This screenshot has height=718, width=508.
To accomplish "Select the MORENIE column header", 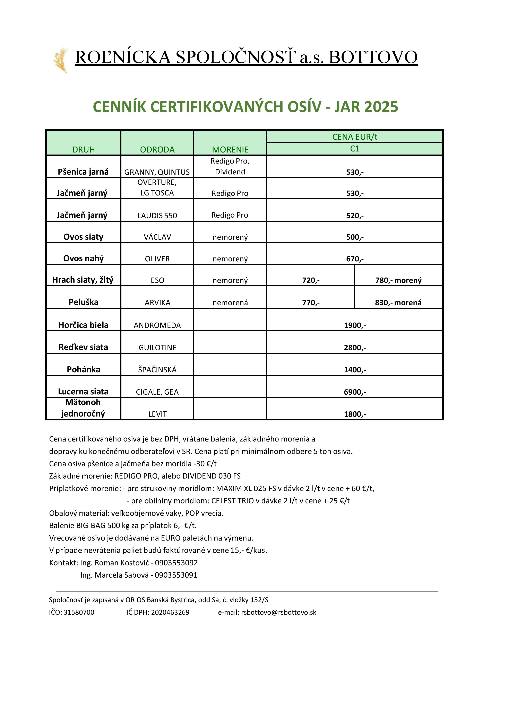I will (230, 149).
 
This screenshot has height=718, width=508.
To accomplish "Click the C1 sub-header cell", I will (354, 149).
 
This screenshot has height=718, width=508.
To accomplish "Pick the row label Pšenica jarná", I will (83, 172).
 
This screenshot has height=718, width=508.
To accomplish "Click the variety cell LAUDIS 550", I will (157, 216).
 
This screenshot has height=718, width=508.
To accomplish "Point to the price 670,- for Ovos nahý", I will (355, 259).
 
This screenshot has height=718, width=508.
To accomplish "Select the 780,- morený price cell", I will (398, 280).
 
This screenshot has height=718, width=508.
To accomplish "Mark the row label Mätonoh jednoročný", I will (83, 408).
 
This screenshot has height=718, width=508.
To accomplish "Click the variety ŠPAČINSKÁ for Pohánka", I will (157, 370).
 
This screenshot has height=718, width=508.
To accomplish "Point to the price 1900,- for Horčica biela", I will (355, 325).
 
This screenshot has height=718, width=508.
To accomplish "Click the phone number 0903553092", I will (176, 563).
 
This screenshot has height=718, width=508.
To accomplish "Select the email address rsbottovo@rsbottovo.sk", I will (278, 612).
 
